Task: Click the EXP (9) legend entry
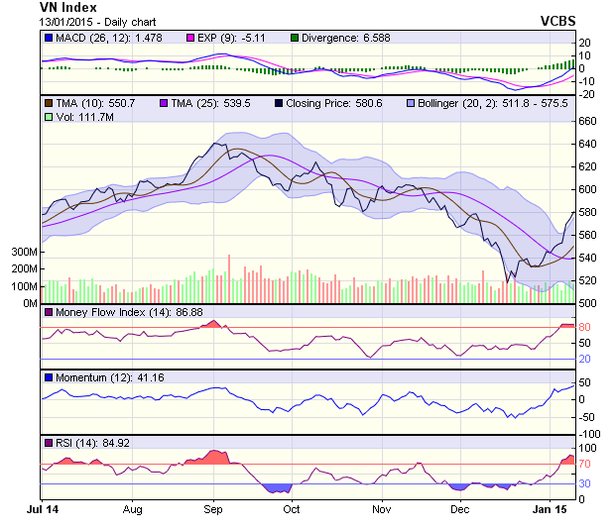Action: pos(223,38)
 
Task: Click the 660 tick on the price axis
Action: pos(588,122)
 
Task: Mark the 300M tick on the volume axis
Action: pos(23,252)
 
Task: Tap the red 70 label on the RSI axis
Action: pos(585,463)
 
